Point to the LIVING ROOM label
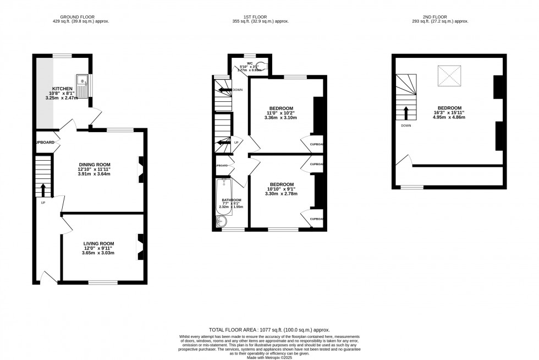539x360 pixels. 98,243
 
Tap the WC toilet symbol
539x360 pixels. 264,67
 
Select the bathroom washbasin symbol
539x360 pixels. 221,221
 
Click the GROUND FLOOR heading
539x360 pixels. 77,17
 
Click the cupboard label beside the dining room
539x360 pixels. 45,143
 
